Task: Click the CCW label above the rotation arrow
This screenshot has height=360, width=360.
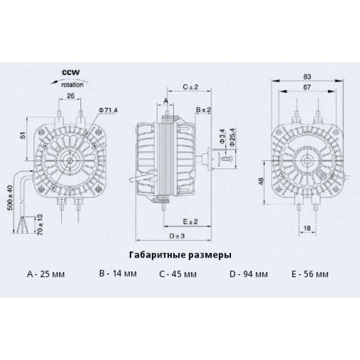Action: [71, 73]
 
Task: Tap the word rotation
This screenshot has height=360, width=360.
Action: [73, 85]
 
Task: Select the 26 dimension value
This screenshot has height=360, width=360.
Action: [70, 96]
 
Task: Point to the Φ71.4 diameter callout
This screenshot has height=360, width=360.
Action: [108, 111]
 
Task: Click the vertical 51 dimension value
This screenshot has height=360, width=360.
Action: [23, 135]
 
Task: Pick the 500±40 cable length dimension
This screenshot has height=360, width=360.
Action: [10, 198]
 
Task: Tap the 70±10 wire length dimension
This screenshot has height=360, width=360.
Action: [40, 225]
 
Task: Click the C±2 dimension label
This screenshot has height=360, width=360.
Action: [190, 87]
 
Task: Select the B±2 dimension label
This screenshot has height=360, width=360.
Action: [203, 110]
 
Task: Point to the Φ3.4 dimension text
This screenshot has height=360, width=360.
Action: [222, 136]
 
